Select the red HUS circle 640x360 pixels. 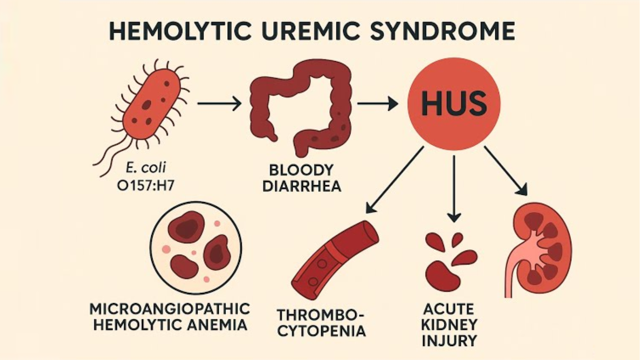click(x=454, y=104)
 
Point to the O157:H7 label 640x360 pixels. click(x=145, y=186)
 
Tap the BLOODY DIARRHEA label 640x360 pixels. click(x=302, y=178)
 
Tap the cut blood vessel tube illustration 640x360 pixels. click(x=334, y=260)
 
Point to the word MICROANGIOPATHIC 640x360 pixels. click(x=170, y=309)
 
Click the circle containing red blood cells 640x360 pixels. click(x=196, y=248)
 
